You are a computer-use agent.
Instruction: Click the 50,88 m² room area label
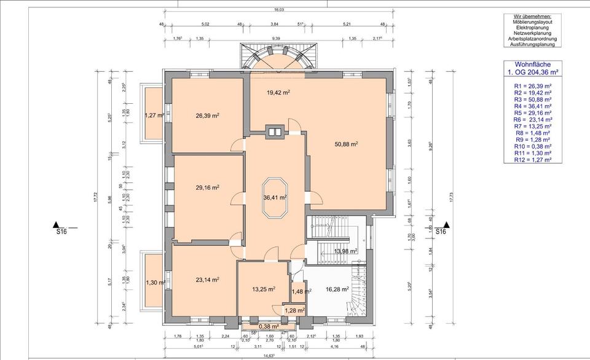(346, 144)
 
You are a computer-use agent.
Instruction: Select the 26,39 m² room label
(208, 115)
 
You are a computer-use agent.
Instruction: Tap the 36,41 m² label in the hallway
(275, 198)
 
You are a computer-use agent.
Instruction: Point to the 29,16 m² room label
(208, 187)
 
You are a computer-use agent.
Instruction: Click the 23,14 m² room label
(208, 280)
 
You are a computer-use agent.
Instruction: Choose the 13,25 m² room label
(263, 289)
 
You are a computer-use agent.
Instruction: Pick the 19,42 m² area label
(278, 93)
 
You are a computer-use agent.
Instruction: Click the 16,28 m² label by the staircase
(337, 289)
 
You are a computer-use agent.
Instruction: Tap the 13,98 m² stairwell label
(345, 251)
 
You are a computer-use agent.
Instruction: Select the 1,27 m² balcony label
(153, 115)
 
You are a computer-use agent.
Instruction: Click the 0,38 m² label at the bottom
(269, 326)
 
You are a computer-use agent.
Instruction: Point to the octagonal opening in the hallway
(275, 198)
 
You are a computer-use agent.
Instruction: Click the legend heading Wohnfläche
(532, 64)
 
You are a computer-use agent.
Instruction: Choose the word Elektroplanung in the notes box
(532, 27)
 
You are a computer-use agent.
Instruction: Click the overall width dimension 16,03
(278, 10)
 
